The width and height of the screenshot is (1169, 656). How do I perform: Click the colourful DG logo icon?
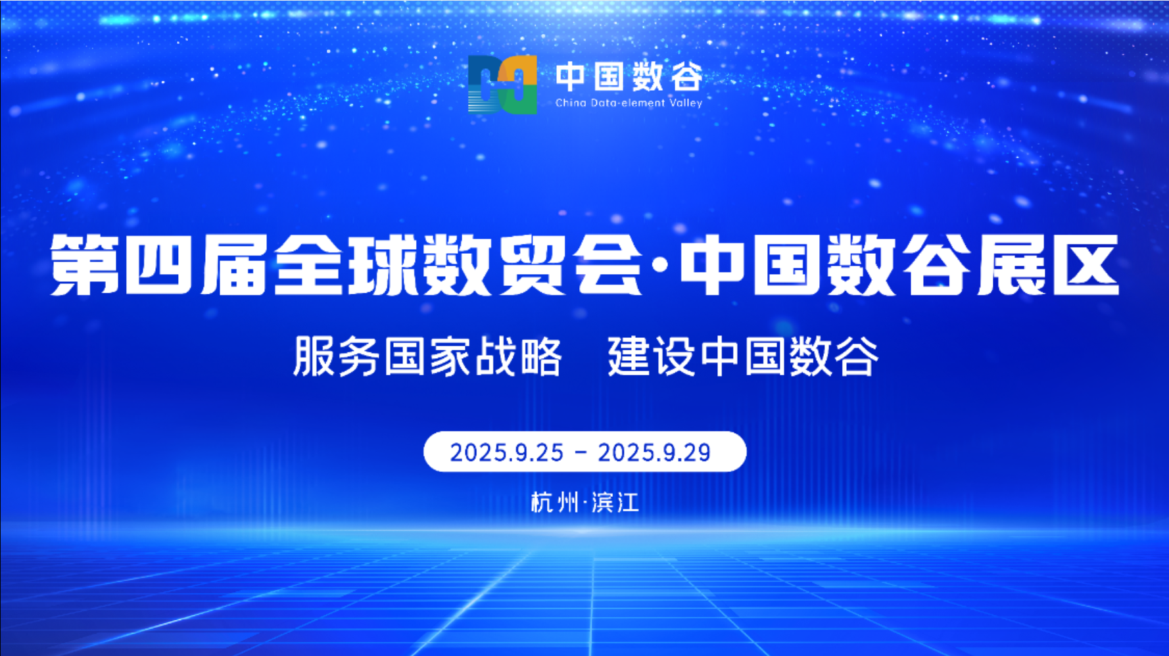[x=502, y=84]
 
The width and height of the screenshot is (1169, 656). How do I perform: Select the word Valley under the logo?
[x=686, y=103]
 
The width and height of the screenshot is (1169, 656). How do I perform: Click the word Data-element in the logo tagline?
[x=627, y=103]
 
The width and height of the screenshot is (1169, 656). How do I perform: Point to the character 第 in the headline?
[x=85, y=265]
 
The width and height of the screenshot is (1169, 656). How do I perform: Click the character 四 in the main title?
[x=158, y=265]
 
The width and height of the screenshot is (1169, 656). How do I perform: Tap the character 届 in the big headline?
[x=233, y=265]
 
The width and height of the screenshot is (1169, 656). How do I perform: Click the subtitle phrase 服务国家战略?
[x=427, y=356]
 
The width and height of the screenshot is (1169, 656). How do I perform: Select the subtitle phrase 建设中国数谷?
[x=743, y=356]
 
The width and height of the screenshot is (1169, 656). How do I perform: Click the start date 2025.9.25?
[x=506, y=452]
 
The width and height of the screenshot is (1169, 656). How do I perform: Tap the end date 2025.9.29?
[x=654, y=452]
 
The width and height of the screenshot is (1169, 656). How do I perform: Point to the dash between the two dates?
[x=581, y=452]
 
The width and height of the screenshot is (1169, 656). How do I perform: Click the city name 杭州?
[x=554, y=503]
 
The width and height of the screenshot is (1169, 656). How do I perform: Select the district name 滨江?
[x=615, y=503]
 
